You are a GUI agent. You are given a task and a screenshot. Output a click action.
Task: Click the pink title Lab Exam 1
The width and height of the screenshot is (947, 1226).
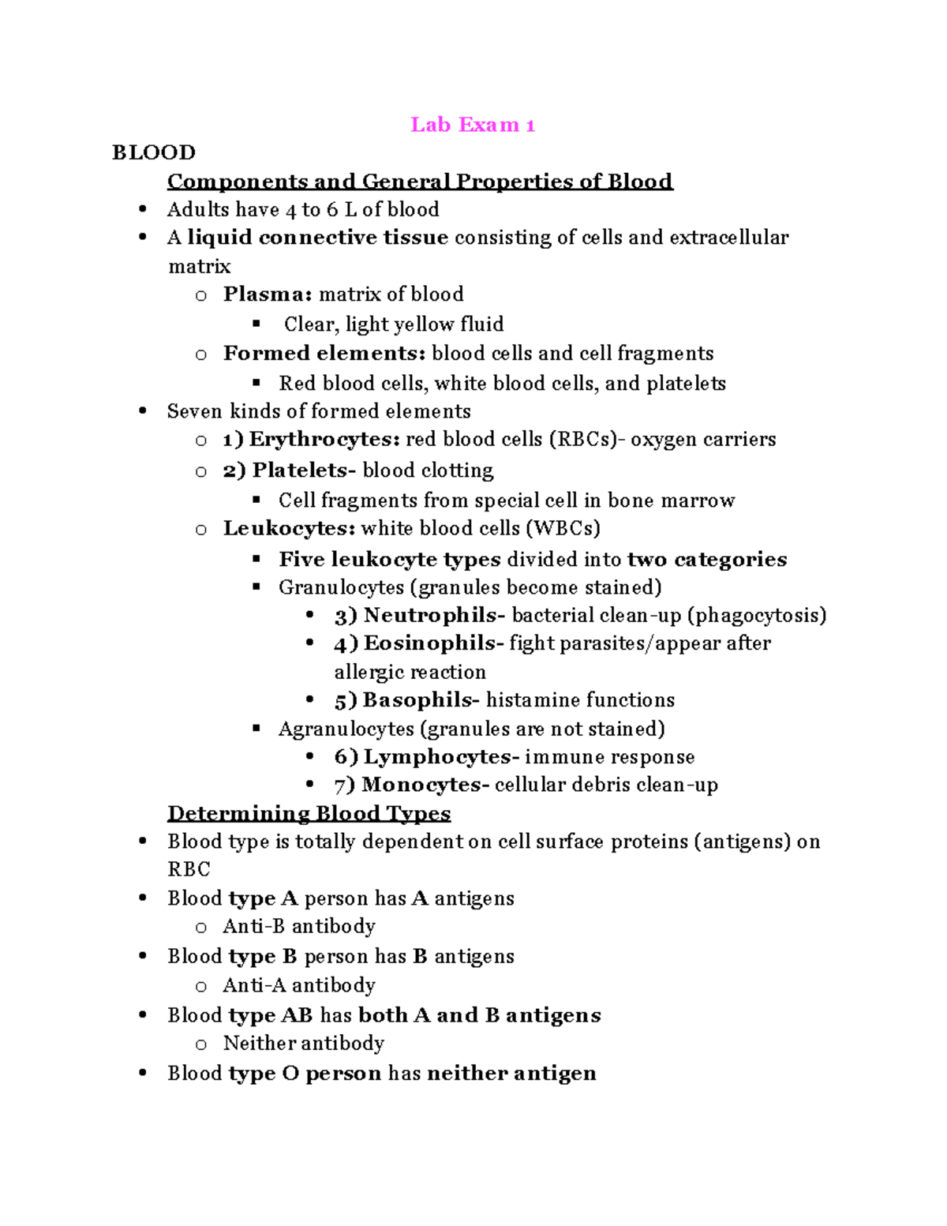pos(473,125)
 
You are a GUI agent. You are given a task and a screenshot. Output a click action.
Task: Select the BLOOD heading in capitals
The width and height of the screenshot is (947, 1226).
pos(154,152)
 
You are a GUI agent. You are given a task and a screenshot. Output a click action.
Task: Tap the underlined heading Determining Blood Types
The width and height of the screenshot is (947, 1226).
pos(309,813)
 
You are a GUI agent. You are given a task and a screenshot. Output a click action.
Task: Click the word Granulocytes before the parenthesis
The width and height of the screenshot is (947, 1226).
pos(341,587)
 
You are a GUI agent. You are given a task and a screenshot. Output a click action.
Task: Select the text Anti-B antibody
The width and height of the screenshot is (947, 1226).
pos(299,926)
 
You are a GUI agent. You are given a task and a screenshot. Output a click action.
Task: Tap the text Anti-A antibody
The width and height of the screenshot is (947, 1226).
pos(299,985)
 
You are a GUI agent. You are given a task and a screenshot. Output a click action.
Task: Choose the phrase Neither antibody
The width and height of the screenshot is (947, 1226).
pos(304,1044)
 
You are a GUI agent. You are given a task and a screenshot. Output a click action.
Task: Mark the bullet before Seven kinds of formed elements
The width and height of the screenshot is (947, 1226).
pos(143,411)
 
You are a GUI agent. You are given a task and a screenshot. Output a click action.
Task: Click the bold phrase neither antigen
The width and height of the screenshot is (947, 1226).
pos(511,1074)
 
